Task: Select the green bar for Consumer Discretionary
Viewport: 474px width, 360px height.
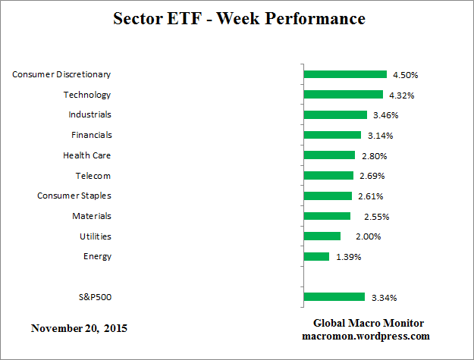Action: (x=345, y=74)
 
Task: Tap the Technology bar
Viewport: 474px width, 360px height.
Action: (x=343, y=95)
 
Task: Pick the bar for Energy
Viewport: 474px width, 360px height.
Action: (x=316, y=257)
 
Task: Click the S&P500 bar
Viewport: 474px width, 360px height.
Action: (x=334, y=297)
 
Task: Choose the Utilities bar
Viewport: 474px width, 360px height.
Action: (x=322, y=236)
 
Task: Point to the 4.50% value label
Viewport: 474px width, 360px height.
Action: (x=405, y=75)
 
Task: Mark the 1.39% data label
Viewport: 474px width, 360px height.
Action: (x=348, y=257)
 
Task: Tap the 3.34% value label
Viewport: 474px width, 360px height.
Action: (x=384, y=297)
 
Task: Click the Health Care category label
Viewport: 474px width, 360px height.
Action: (x=87, y=155)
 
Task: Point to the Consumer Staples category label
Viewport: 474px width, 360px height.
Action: (x=74, y=196)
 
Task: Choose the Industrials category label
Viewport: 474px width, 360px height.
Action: (x=90, y=114)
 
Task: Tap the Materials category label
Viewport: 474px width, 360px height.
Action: (x=92, y=216)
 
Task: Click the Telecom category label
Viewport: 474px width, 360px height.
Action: (x=93, y=176)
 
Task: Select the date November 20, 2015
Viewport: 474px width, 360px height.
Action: (x=79, y=329)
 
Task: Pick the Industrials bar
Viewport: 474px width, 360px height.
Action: (x=335, y=115)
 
